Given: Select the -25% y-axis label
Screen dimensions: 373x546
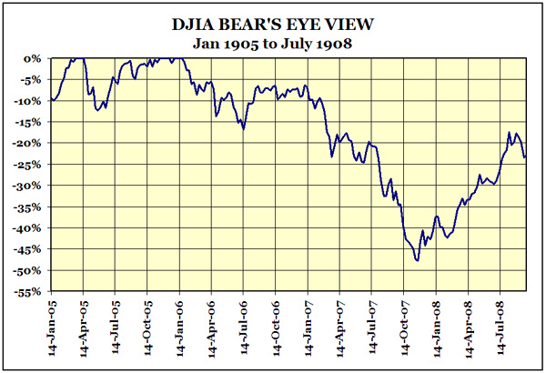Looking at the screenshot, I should (x=29, y=165).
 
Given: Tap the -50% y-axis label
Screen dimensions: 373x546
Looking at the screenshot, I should (x=29, y=270).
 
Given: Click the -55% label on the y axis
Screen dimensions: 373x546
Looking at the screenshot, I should (x=29, y=292).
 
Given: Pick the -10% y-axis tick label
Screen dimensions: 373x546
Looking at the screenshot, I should (x=29, y=101).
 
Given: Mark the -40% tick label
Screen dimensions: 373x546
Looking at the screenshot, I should (x=29, y=228).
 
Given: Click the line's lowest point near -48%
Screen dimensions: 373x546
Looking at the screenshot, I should (x=417, y=261).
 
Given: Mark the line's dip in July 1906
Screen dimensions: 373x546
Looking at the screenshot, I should (x=243, y=128).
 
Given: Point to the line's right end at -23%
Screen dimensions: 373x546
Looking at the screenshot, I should (x=525, y=156).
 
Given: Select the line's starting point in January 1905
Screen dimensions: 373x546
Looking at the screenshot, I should (x=52, y=99).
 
